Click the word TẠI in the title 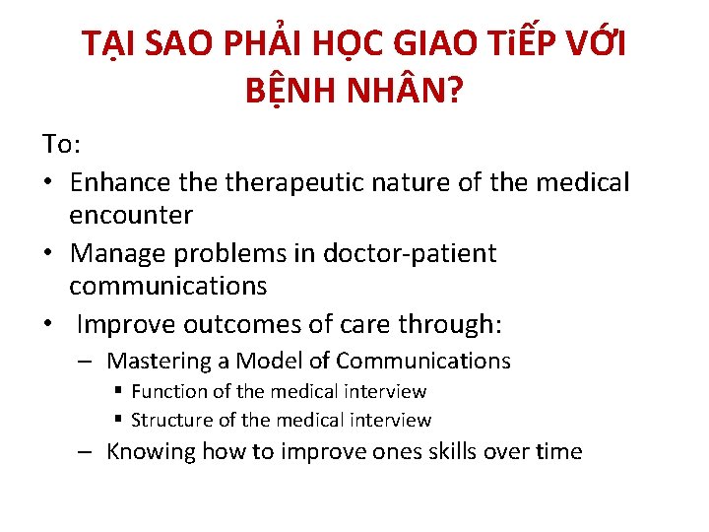coord(109,43)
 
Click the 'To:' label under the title coord(62,145)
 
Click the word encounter coord(131,215)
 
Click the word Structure coord(170,421)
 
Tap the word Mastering coord(160,362)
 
